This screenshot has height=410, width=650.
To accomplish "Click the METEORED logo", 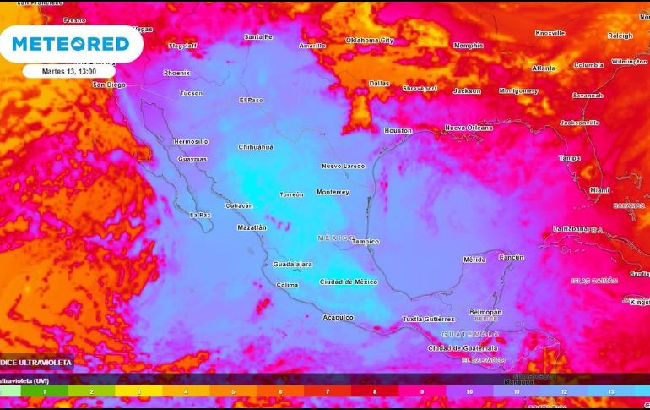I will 71,44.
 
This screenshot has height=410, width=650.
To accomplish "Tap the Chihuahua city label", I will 256,147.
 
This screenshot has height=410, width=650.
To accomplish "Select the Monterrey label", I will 333,192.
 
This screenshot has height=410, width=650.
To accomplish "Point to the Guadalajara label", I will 292,265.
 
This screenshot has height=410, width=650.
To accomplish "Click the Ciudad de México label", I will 348,282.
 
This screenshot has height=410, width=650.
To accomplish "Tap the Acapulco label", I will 338,317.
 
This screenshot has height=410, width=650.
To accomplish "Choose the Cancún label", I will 511,257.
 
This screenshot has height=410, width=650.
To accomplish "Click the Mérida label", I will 474,260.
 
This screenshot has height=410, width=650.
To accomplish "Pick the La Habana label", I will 570,229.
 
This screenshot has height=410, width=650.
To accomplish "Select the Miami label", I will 599,190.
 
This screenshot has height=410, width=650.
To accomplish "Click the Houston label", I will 398,131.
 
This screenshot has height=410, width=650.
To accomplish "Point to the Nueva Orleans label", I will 468,128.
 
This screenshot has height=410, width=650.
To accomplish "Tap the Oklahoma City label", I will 370,40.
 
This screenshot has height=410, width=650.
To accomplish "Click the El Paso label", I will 251,100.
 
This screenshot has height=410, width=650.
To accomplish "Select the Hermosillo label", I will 190,141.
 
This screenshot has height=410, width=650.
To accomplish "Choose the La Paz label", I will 199,215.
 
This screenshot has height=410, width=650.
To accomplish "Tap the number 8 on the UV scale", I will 375,392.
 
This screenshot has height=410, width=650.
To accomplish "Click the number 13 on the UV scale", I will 610,392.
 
